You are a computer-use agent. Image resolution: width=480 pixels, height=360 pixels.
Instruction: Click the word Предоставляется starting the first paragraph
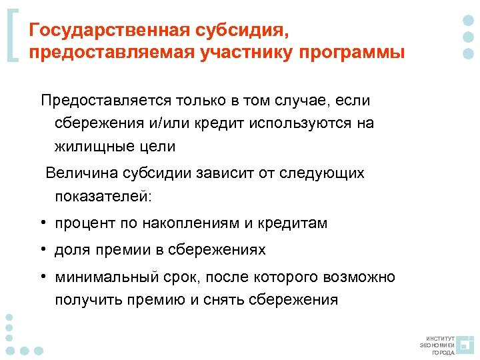[106, 101]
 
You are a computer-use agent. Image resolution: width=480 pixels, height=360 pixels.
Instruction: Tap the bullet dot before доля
[42, 250]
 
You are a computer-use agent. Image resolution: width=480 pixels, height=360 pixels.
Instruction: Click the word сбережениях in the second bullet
[219, 250]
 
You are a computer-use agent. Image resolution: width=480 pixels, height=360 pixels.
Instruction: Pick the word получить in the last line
[85, 299]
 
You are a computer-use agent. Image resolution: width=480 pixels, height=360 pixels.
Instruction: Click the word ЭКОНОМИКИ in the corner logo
[437, 345]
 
